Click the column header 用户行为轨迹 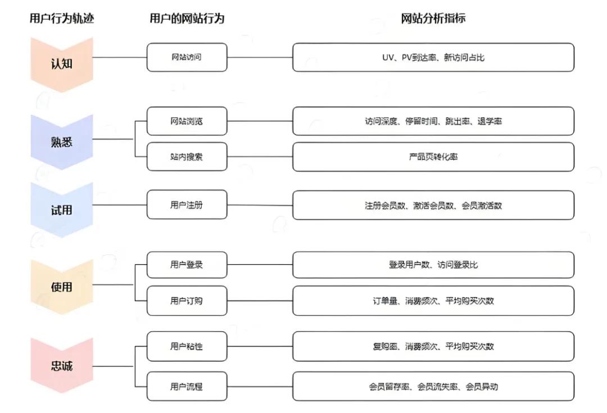click(x=62, y=19)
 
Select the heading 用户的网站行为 click(x=187, y=19)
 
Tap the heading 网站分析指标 click(x=433, y=19)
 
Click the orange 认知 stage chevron click(x=62, y=63)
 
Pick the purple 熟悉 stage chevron click(x=62, y=141)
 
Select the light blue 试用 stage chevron click(x=62, y=210)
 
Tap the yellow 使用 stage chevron click(x=62, y=287)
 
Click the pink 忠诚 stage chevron click(x=62, y=366)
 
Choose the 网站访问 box click(x=187, y=57)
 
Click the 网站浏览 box click(x=187, y=121)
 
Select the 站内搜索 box click(x=187, y=157)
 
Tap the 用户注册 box click(x=187, y=205)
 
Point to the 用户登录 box click(x=187, y=264)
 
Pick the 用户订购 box click(x=187, y=301)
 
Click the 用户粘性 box click(x=187, y=346)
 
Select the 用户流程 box click(x=187, y=387)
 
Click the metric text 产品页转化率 click(x=433, y=157)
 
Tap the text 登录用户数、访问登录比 click(x=433, y=264)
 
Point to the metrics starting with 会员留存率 click(x=433, y=387)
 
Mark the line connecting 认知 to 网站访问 click(x=120, y=57)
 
